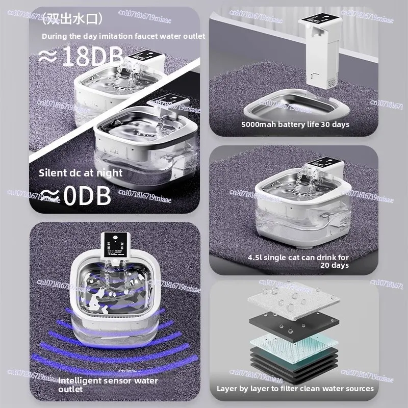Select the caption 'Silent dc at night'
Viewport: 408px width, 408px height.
coord(81,173)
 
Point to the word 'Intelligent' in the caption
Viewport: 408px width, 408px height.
coord(80,380)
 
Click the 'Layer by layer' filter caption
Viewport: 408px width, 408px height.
coord(295,389)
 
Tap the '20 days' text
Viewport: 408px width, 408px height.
coord(334,265)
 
